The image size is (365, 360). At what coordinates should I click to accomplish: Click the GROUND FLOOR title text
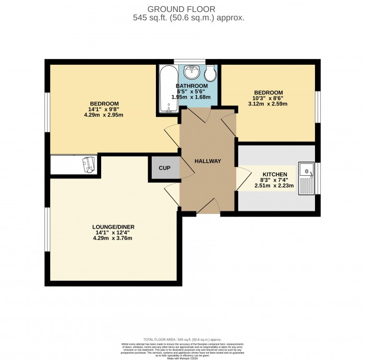[182, 9]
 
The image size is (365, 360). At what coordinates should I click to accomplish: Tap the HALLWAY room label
[208, 161]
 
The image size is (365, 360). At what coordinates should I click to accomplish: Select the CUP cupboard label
[165, 168]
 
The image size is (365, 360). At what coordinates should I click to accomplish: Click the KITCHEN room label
[274, 174]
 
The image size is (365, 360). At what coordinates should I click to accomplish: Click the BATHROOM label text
[191, 86]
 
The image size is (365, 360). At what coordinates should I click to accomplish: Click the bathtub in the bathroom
[168, 89]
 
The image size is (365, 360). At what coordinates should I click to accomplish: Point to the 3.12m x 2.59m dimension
[271, 104]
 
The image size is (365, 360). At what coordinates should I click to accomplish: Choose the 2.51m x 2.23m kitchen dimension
[274, 185]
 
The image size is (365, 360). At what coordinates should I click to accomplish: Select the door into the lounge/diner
[173, 194]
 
